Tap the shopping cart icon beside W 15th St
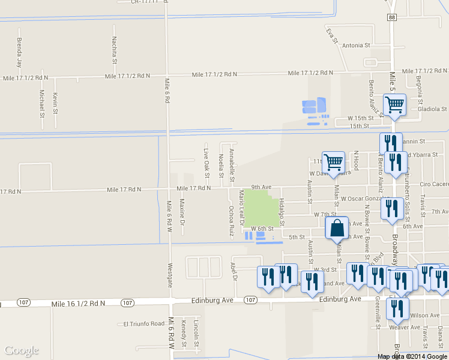pyautogui.click(x=394, y=105)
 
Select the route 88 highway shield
pyautogui.click(x=391, y=18)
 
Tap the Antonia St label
pyautogui.click(x=356, y=45)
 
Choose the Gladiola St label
pyautogui.click(x=433, y=110)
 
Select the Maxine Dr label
pyautogui.click(x=181, y=208)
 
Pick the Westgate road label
pyautogui.click(x=170, y=275)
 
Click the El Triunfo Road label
pyautogui.click(x=143, y=324)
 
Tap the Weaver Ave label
pyautogui.click(x=405, y=327)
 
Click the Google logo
pyautogui.click(x=22, y=350)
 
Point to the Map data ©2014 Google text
pyautogui.click(x=412, y=356)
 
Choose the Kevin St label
pyautogui.click(x=55, y=103)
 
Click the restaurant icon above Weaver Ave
pyautogui.click(x=397, y=308)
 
